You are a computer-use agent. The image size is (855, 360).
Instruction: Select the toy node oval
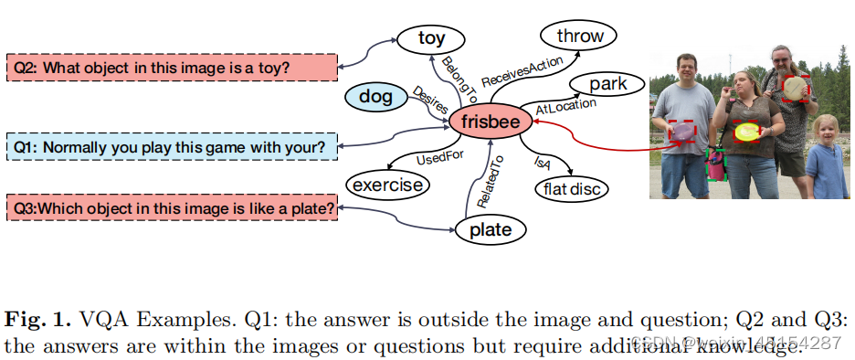click(430, 38)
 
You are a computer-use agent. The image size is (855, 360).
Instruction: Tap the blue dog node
click(375, 95)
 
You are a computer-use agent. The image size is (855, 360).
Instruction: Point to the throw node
click(579, 37)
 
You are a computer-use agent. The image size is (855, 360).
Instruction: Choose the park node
click(607, 85)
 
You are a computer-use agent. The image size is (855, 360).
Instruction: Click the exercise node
click(387, 185)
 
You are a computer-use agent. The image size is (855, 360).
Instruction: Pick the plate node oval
click(490, 229)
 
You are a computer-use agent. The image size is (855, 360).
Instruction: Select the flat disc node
click(571, 189)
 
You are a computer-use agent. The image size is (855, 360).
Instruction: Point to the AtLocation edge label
click(565, 106)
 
